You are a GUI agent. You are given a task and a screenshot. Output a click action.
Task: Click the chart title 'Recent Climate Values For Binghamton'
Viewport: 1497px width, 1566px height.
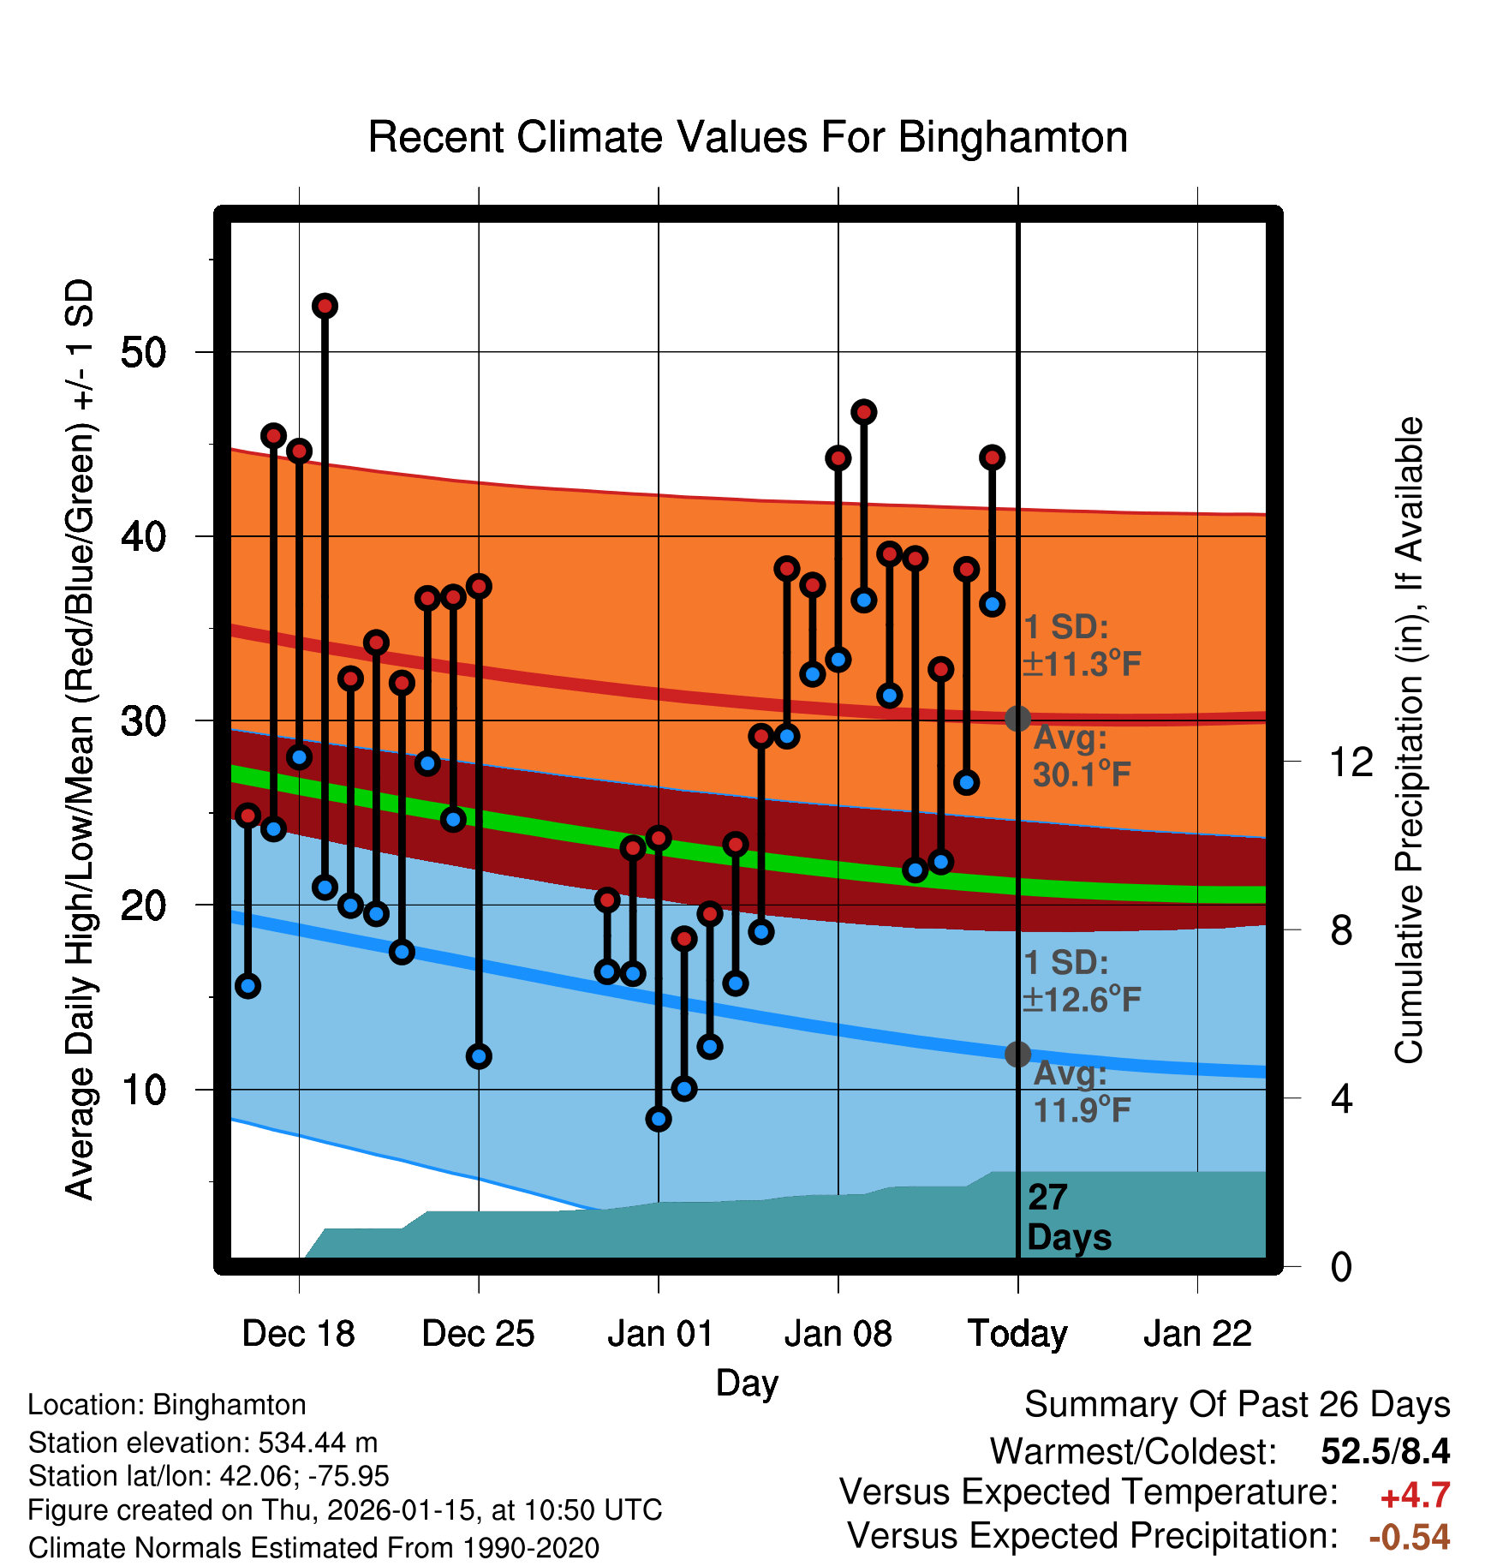(x=748, y=137)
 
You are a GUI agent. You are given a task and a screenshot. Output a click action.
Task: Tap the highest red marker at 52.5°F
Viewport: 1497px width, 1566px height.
(x=325, y=306)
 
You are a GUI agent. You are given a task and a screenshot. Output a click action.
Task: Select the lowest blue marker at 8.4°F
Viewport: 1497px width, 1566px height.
(x=659, y=1119)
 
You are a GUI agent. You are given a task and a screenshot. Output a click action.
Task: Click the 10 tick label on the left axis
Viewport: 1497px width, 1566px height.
(x=143, y=1090)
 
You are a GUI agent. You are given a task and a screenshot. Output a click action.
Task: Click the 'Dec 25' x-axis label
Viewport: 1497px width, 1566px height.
(x=478, y=1334)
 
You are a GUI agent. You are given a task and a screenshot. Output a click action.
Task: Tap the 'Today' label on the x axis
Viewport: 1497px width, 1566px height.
(x=1017, y=1334)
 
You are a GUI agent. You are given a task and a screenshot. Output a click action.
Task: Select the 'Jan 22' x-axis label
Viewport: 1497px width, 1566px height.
(x=1197, y=1334)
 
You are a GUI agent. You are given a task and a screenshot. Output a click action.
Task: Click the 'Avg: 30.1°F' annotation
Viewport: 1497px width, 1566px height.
(x=1081, y=756)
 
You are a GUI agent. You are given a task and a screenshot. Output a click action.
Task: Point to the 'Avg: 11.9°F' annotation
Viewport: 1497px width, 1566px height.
(x=1081, y=1091)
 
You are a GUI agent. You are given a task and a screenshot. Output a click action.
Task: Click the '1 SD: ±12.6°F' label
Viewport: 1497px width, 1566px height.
(x=1081, y=981)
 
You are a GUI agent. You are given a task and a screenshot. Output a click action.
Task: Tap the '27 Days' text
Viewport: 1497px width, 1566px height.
(x=1068, y=1217)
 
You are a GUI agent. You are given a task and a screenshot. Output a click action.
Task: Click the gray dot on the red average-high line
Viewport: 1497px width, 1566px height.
(x=1017, y=718)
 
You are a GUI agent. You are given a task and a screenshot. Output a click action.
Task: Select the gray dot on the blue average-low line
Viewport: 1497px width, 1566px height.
(x=1017, y=1054)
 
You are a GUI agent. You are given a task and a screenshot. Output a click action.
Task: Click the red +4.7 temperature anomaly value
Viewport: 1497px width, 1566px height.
(x=1415, y=1496)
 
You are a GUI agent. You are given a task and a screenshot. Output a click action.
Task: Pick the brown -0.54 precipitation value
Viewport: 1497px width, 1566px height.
(x=1410, y=1537)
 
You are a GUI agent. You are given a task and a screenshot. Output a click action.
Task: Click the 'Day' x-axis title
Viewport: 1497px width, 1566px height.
(x=747, y=1383)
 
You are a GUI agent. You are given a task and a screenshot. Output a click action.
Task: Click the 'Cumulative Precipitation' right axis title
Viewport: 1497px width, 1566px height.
(x=1408, y=740)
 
